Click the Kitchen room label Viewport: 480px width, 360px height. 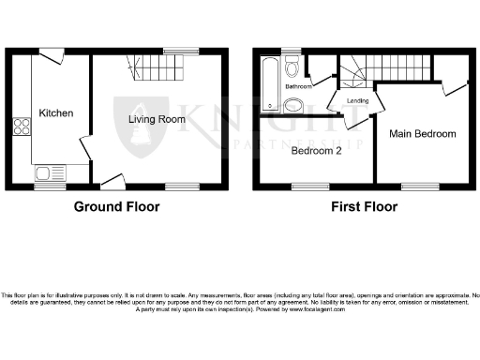[55, 113]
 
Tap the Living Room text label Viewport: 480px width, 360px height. [157, 119]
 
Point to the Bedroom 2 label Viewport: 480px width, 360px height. [315, 150]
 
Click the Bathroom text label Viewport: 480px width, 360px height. [298, 86]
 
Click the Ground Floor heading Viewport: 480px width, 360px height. [116, 207]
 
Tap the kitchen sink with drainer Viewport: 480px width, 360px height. [49, 172]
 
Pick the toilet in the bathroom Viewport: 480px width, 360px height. [292, 67]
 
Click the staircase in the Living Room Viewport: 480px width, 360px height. [159, 67]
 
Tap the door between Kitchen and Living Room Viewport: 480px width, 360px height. [84, 148]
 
